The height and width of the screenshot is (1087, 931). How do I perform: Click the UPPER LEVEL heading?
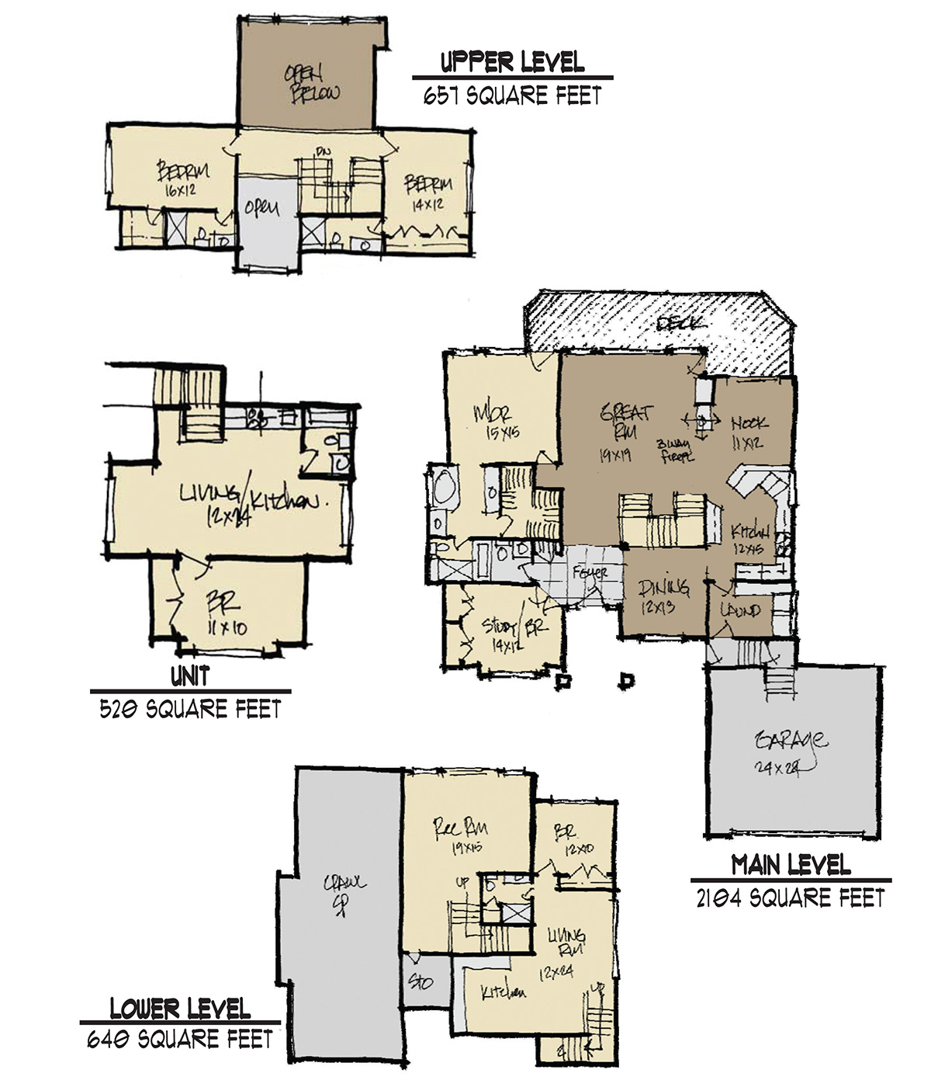pos(512,62)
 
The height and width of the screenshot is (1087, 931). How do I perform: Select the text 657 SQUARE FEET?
pos(512,96)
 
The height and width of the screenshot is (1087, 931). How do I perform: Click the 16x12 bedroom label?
pos(182,177)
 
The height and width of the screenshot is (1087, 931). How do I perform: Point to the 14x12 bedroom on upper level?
pos(428,193)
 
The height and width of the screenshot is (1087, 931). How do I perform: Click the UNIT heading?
pos(190,676)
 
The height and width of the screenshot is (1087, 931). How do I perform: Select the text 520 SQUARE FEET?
pos(190,709)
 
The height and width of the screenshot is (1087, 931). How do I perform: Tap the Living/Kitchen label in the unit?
pos(248,503)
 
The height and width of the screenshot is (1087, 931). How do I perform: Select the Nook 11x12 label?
pos(749,432)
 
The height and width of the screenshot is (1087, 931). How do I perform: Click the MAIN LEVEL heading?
pos(791,864)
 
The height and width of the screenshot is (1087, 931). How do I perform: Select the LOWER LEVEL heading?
pos(180,1009)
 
